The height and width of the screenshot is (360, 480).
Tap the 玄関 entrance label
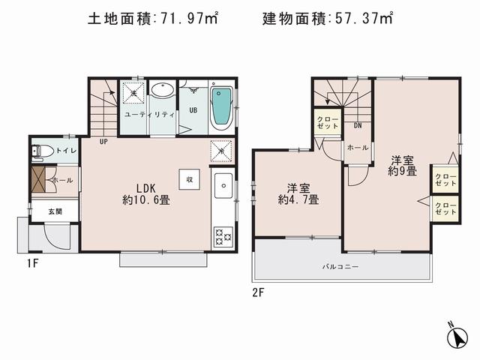56,211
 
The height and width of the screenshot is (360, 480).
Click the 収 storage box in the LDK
190,179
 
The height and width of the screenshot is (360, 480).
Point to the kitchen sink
223,184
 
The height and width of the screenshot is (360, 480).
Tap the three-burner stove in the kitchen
223,237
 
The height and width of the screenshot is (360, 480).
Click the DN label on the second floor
358,125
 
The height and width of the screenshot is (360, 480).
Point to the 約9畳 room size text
402,171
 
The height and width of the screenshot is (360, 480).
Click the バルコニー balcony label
340,267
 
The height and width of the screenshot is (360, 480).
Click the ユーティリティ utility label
149,115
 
